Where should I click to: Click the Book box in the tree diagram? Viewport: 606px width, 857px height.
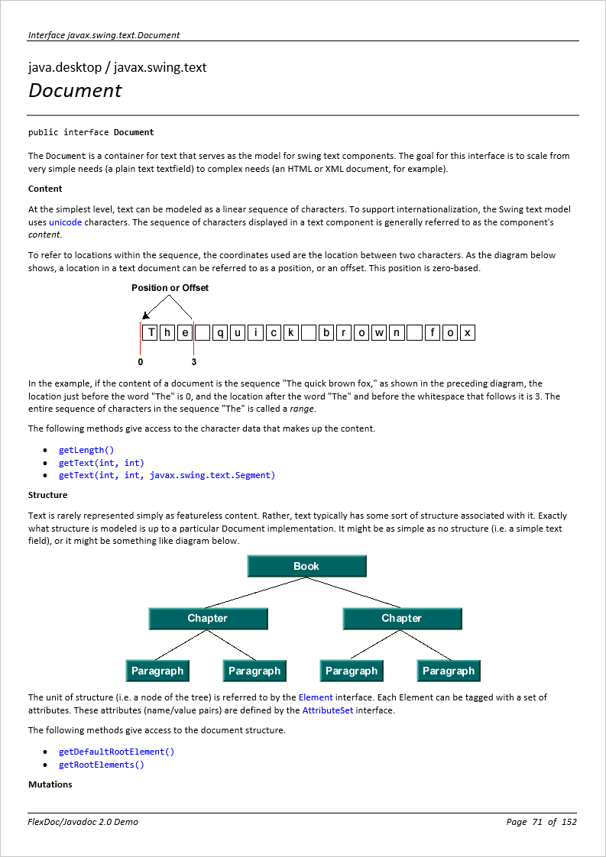pyautogui.click(x=306, y=566)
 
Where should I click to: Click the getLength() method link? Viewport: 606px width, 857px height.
pyautogui.click(x=86, y=450)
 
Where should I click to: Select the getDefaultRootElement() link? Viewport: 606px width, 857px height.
pyautogui.click(x=116, y=752)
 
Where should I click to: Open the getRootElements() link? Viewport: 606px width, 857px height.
pyautogui.click(x=101, y=765)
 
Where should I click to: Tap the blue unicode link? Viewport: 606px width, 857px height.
pyautogui.click(x=66, y=222)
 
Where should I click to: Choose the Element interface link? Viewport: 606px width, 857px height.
pyautogui.click(x=316, y=697)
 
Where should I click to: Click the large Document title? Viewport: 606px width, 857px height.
pyautogui.click(x=75, y=91)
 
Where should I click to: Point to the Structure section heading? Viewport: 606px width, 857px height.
pyautogui.click(x=47, y=495)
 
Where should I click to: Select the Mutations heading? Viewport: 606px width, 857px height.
pyautogui.click(x=50, y=784)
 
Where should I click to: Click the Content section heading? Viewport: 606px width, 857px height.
pyautogui.click(x=45, y=189)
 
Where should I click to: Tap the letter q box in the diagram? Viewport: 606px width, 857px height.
pyautogui.click(x=220, y=332)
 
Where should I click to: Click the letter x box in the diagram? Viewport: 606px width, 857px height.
pyautogui.click(x=467, y=332)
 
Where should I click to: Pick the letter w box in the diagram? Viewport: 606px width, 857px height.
pyautogui.click(x=378, y=332)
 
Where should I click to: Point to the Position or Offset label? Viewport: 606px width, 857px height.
pyautogui.click(x=170, y=288)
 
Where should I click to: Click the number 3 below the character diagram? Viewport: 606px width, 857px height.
pyautogui.click(x=194, y=362)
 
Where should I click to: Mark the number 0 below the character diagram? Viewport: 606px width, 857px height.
pyautogui.click(x=141, y=362)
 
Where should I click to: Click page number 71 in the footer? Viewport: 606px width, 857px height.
pyautogui.click(x=537, y=822)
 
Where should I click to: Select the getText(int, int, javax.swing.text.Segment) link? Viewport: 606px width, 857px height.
pyautogui.click(x=167, y=475)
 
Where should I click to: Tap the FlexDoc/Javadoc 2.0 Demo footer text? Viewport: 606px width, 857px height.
pyautogui.click(x=83, y=822)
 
